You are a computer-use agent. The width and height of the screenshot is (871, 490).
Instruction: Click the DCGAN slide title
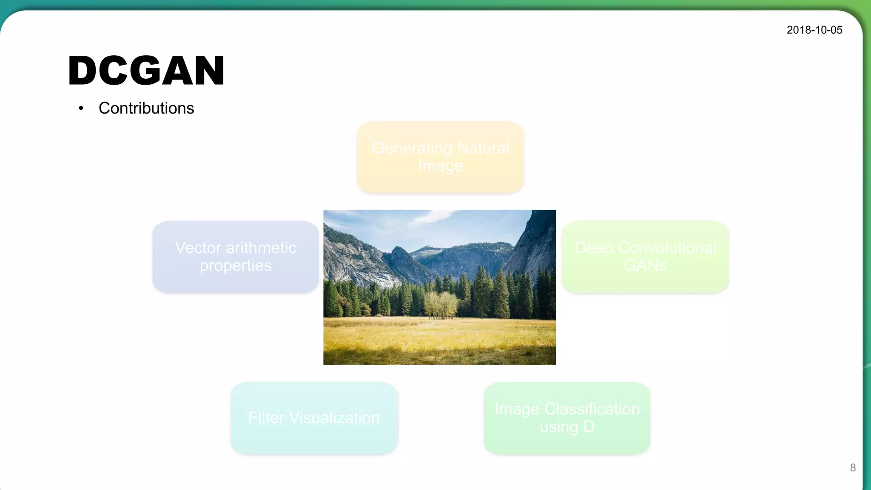click(x=146, y=71)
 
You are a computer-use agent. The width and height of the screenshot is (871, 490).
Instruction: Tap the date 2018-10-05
click(x=814, y=30)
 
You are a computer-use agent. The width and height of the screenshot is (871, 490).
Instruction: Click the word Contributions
click(x=146, y=108)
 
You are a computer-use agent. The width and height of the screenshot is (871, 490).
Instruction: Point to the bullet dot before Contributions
click(x=81, y=108)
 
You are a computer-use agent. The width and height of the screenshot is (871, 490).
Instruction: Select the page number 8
click(x=853, y=467)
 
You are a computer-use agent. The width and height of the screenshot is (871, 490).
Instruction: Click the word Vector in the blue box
click(x=198, y=248)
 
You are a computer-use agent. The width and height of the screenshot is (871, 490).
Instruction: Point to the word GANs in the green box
click(x=645, y=265)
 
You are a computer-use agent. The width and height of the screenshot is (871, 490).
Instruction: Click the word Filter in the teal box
click(x=266, y=418)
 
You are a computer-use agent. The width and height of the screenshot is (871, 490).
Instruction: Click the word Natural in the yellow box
click(x=483, y=148)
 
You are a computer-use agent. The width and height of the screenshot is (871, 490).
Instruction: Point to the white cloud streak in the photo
click(x=430, y=218)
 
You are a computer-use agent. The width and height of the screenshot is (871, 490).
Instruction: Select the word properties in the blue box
click(x=236, y=266)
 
